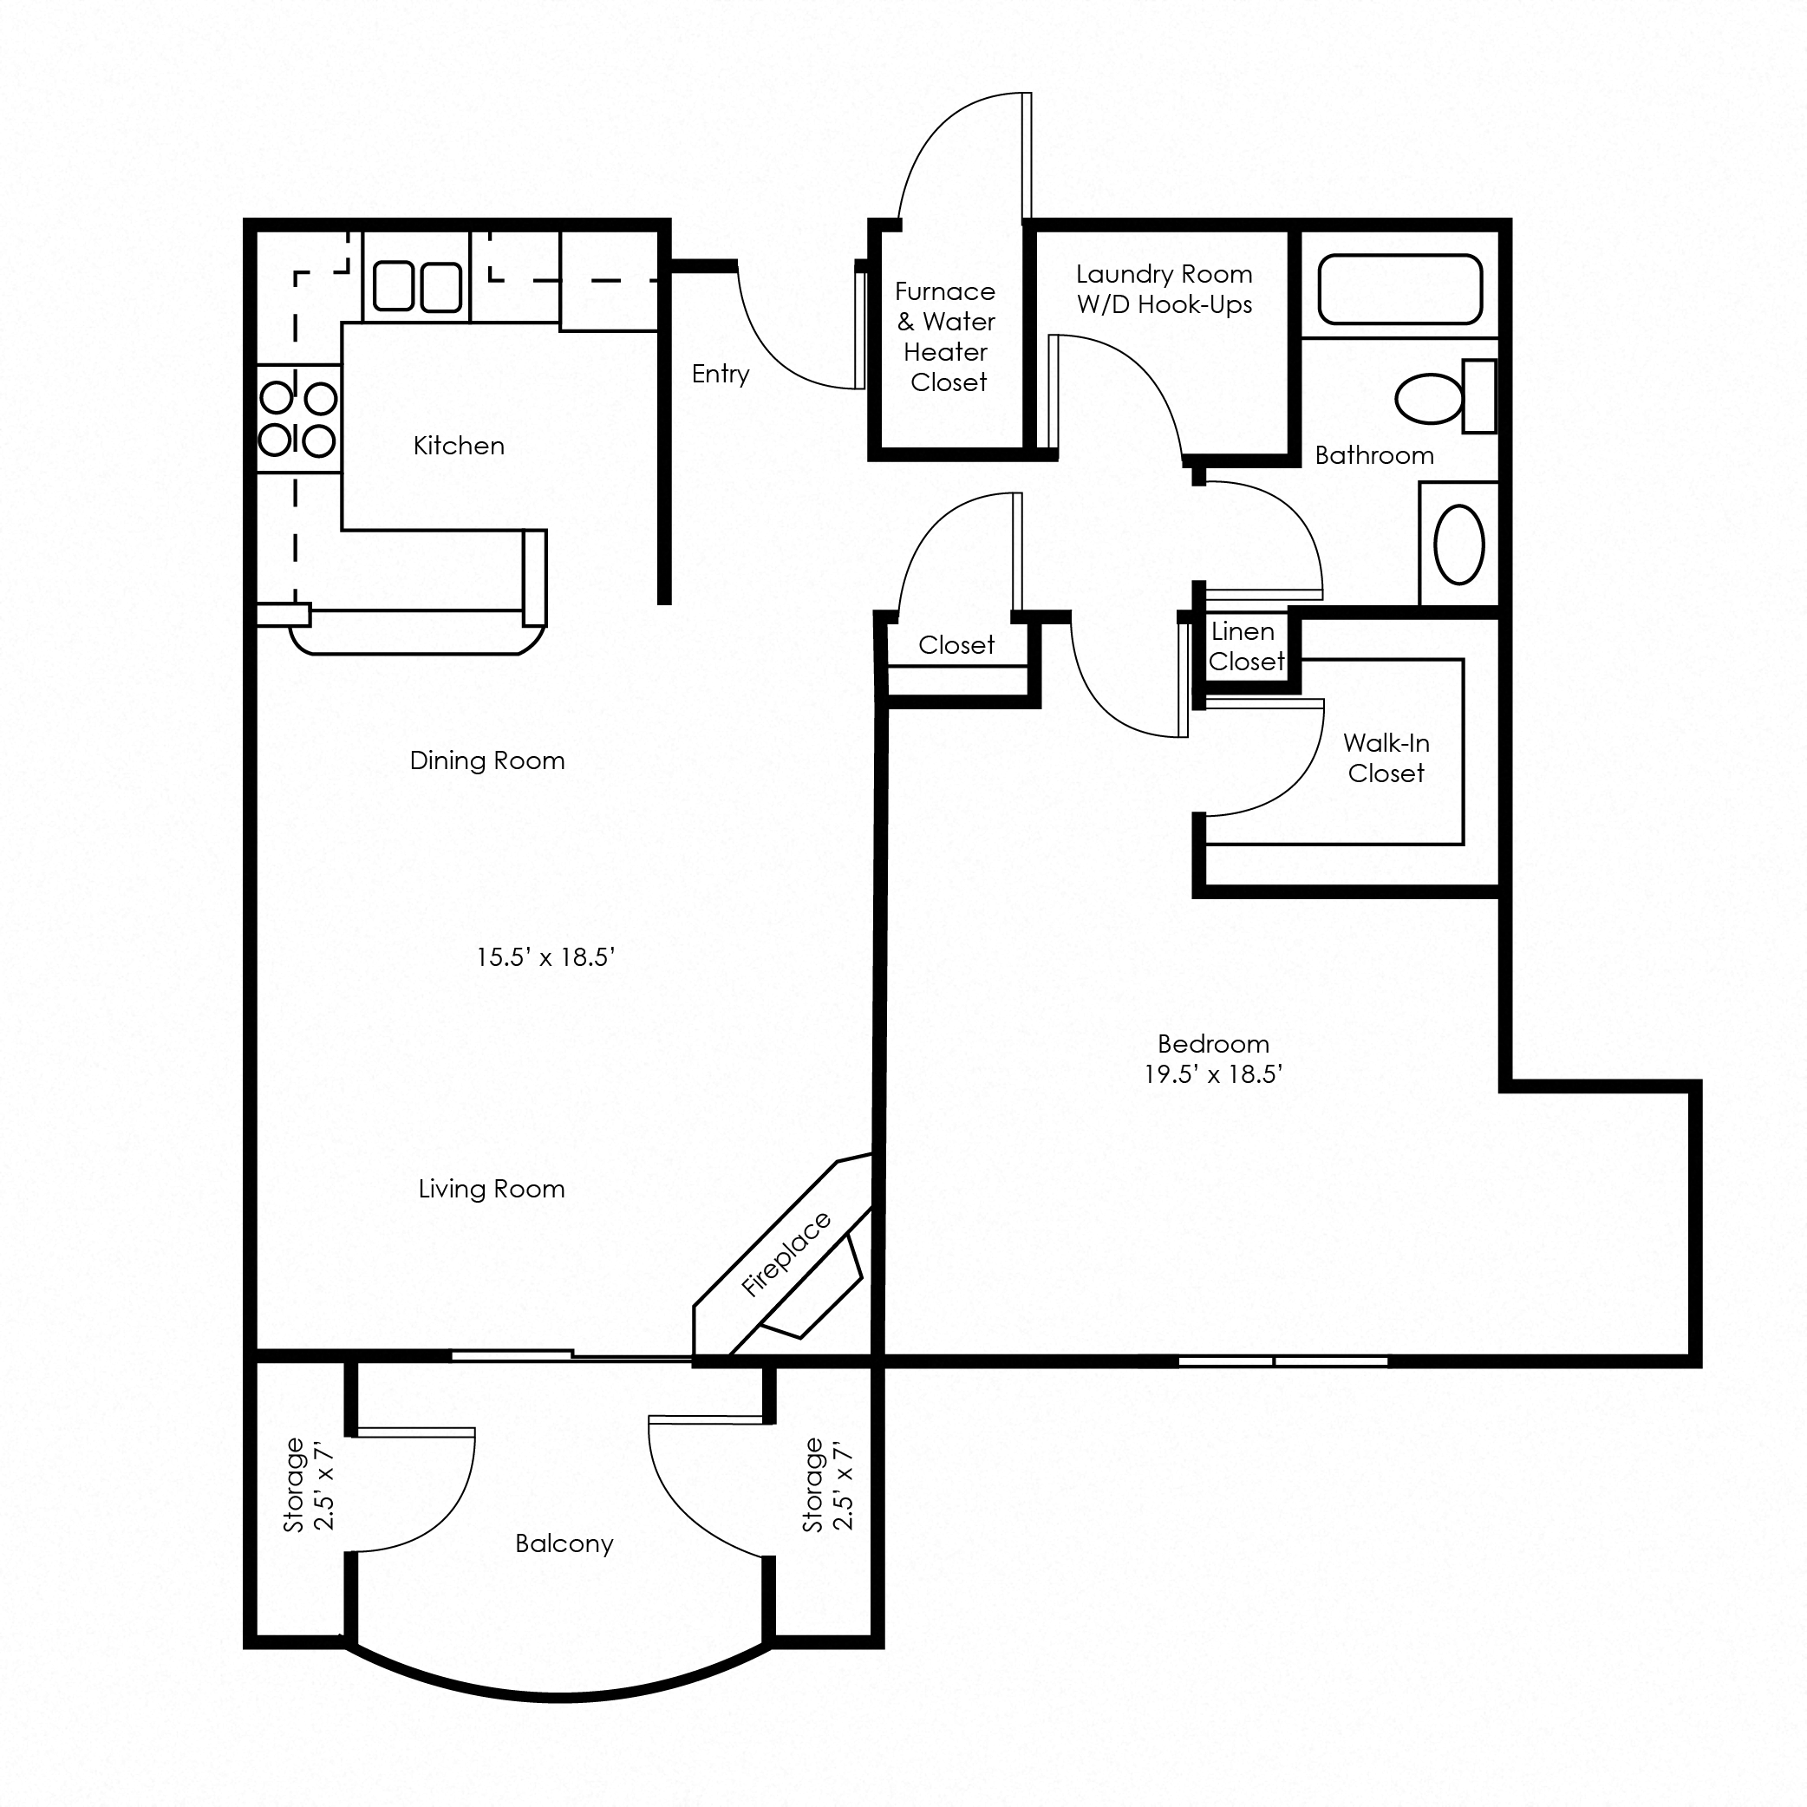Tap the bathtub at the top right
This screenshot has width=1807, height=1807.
[1400, 289]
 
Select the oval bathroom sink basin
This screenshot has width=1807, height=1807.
[1459, 545]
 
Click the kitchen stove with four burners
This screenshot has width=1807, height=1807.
[298, 419]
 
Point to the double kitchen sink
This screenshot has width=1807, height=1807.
[417, 286]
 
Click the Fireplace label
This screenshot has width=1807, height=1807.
[785, 1255]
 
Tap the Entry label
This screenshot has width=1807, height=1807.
[721, 374]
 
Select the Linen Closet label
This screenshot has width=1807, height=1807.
[1245, 646]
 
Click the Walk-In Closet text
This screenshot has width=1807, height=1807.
[1386, 758]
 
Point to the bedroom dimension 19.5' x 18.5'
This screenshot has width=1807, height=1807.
[1213, 1073]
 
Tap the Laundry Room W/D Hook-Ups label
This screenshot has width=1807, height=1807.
[1164, 289]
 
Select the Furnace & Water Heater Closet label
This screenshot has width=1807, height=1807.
[946, 336]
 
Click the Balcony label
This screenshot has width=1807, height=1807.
[564, 1543]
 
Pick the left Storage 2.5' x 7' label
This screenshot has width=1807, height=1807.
[310, 1484]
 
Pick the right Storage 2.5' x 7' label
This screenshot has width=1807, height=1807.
[828, 1484]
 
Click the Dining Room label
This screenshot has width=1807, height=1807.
[487, 760]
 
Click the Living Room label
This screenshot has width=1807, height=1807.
[491, 1189]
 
